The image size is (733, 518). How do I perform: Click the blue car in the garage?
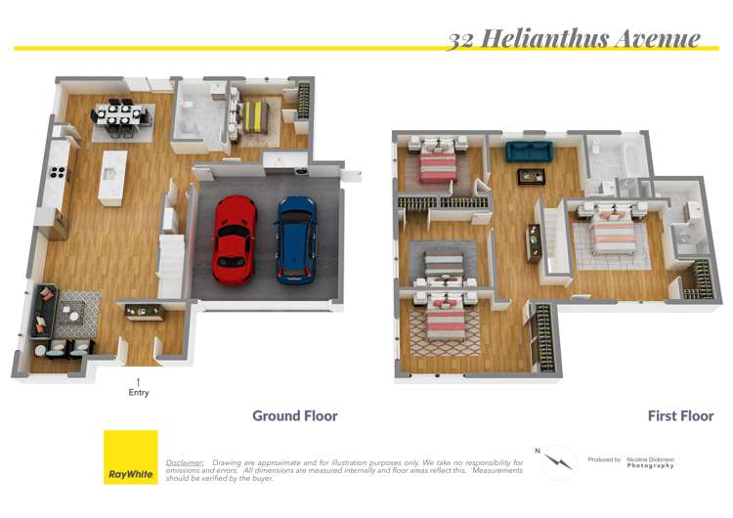[295, 237]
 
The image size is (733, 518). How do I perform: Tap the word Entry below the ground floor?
[138, 393]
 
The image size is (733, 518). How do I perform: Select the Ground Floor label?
[294, 416]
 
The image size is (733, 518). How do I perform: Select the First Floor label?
[680, 416]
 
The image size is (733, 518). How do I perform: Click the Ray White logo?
[130, 457]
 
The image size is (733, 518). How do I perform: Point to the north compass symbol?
[559, 461]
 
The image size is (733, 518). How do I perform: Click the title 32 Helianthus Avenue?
[574, 38]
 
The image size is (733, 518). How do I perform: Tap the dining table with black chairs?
[122, 115]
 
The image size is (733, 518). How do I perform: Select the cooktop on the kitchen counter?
[58, 175]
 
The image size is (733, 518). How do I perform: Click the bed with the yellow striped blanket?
[254, 116]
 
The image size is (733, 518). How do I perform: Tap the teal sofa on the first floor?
[528, 151]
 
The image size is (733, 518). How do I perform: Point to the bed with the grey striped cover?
[443, 264]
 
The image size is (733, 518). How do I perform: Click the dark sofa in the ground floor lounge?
[41, 313]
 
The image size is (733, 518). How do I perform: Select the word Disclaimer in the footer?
[185, 462]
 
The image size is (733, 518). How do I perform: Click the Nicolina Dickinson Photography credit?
[651, 461]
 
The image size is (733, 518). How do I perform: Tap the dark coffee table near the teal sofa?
[532, 176]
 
